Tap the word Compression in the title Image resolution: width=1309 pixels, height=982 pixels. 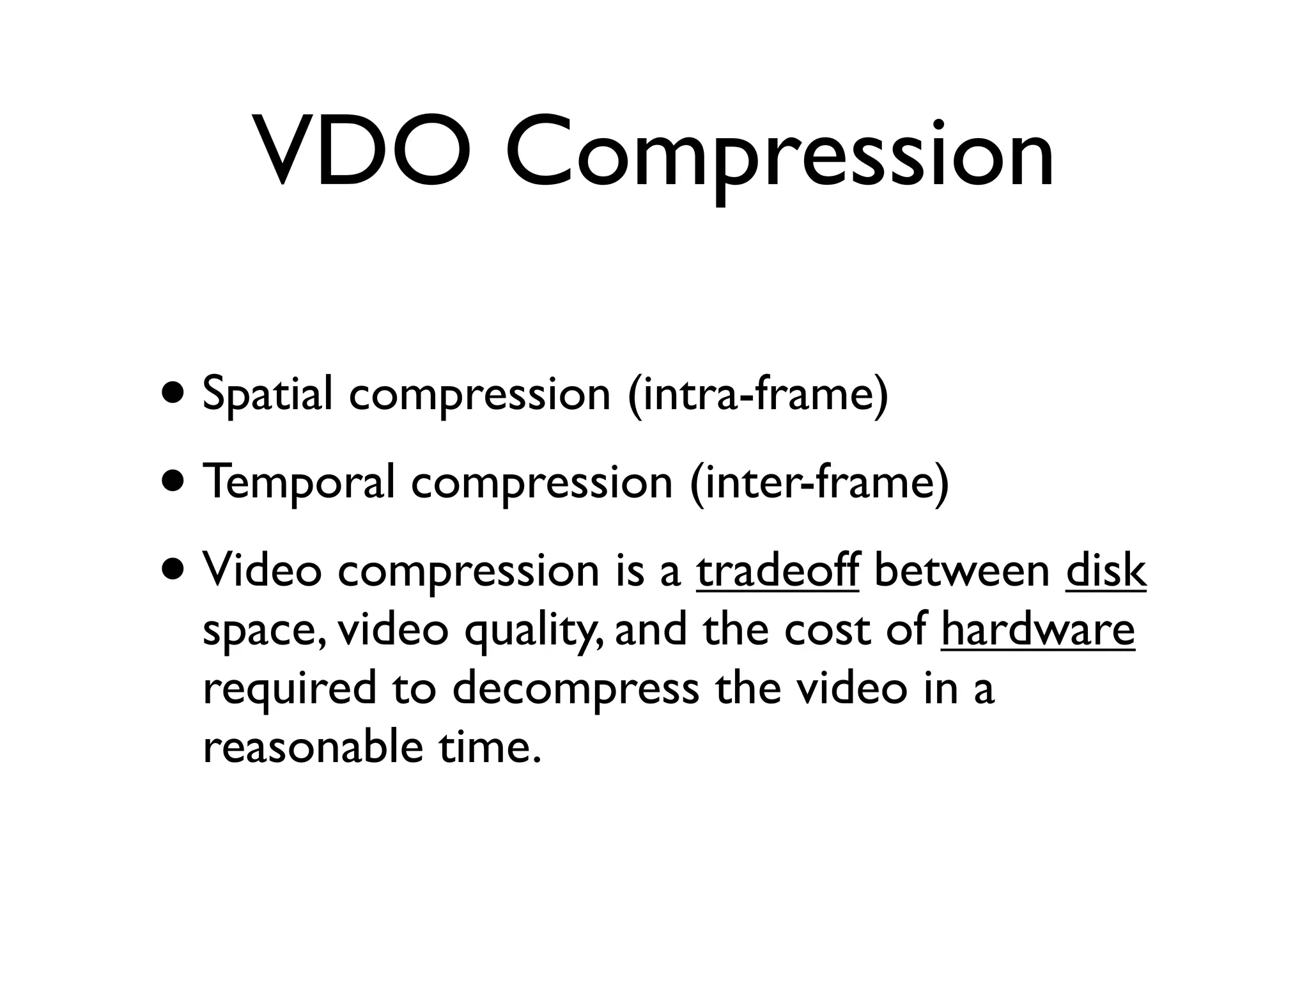[779, 153]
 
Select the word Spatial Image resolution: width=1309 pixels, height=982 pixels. [267, 395]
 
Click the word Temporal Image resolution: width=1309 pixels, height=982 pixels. [298, 483]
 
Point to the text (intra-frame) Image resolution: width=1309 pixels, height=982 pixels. [758, 395]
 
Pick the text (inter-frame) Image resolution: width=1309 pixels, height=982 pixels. [819, 483]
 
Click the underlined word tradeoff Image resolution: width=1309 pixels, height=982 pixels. [777, 570]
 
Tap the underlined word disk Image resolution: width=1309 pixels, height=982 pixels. [1106, 570]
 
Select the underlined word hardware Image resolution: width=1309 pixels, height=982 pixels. [1037, 629]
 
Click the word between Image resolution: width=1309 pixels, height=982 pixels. [961, 570]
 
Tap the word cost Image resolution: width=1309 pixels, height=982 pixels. [826, 630]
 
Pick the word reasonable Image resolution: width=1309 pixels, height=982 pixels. [313, 748]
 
